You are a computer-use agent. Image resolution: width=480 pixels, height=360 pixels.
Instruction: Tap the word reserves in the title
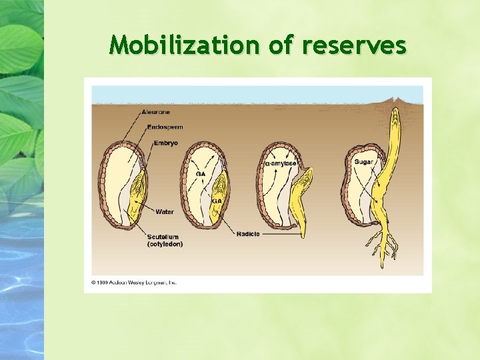click(353, 45)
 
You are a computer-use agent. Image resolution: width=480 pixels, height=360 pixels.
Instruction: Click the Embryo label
click(165, 143)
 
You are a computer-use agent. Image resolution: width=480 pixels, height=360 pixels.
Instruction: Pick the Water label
click(165, 212)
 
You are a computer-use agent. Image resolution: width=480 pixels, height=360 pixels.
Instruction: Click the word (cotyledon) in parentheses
click(165, 244)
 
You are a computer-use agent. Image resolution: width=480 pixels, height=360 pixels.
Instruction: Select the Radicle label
click(248, 234)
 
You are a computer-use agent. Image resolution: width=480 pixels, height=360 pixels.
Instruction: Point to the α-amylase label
click(281, 163)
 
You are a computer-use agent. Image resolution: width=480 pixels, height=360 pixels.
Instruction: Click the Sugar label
click(364, 162)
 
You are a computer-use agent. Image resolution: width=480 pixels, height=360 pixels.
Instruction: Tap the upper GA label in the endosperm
click(200, 174)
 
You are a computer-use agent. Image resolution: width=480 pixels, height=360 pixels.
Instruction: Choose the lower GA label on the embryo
click(217, 201)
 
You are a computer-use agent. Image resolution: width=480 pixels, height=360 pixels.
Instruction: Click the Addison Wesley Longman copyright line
click(134, 282)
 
